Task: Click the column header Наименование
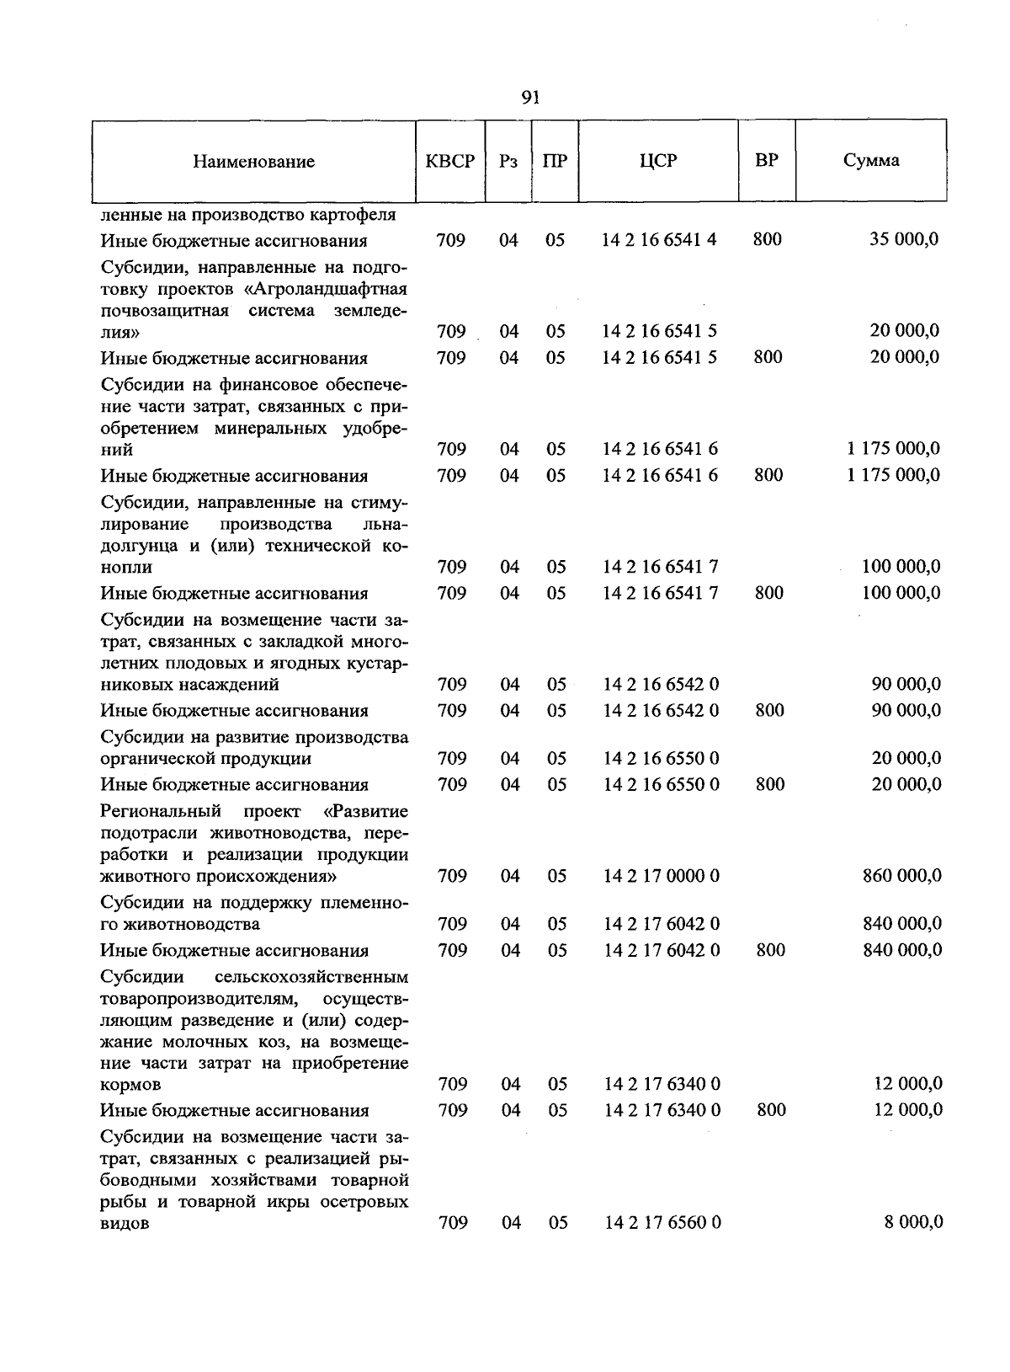(x=253, y=162)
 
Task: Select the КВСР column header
(x=450, y=161)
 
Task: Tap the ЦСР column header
(x=658, y=160)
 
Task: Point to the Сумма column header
(x=871, y=160)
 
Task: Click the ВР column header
(x=767, y=159)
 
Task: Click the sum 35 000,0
(x=904, y=240)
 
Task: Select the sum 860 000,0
(x=902, y=876)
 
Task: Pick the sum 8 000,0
(x=913, y=1222)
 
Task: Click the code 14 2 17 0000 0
(x=662, y=876)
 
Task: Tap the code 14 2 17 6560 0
(x=662, y=1222)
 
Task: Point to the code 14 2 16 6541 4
(x=659, y=240)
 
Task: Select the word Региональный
(x=160, y=812)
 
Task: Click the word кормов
(x=130, y=1085)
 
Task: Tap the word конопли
(x=126, y=568)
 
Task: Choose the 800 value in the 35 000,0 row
(x=767, y=240)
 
